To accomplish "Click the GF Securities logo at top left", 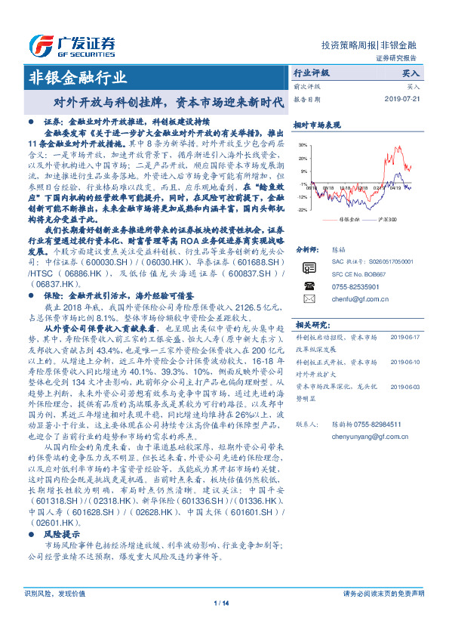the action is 72,42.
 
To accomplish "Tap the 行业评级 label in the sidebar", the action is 311,74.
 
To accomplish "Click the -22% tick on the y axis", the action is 303,209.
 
